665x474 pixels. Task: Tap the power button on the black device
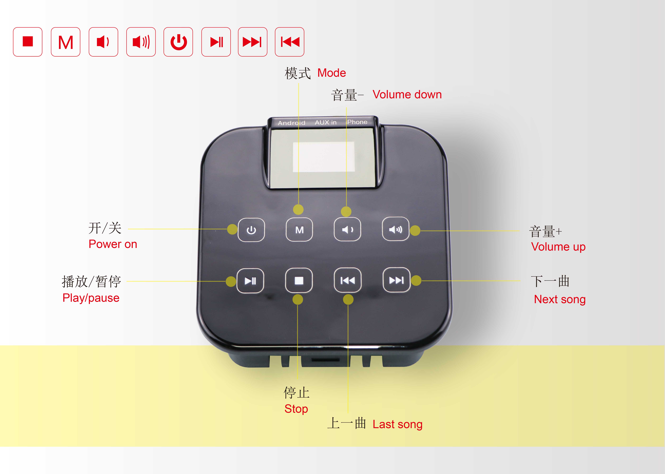click(251, 230)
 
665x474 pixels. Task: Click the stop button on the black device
click(299, 280)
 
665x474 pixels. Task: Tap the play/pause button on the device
click(250, 281)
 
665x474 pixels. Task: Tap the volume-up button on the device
click(395, 229)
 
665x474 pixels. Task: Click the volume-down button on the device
click(347, 229)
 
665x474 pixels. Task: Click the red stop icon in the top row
click(28, 42)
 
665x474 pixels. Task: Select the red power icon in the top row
click(178, 42)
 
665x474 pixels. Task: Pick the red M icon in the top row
click(65, 42)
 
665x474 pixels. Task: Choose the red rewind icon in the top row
click(289, 42)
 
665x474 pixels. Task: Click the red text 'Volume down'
click(407, 95)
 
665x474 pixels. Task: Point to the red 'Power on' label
click(113, 244)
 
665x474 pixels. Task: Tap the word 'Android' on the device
click(291, 123)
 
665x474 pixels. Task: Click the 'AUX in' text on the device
click(326, 122)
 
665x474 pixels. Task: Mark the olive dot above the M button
click(298, 210)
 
